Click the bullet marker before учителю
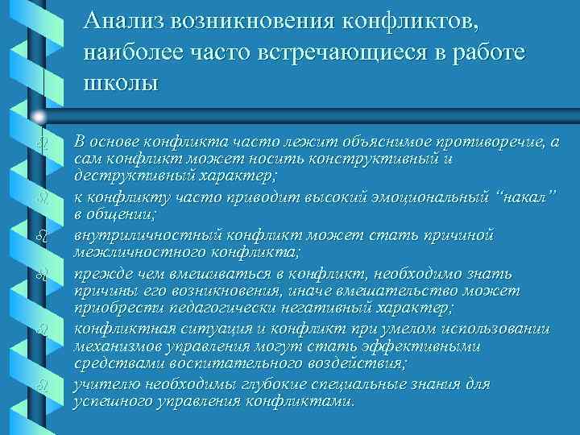(41, 385)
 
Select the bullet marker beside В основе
(41, 143)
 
